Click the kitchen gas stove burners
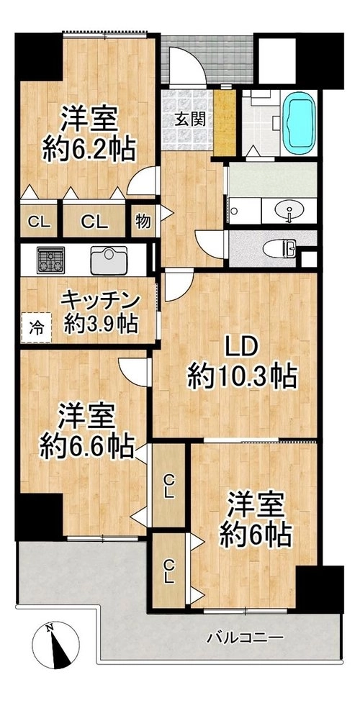tap(50, 260)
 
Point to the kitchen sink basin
tap(109, 260)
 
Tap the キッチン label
tap(102, 300)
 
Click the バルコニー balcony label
tap(246, 638)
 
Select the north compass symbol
tap(56, 645)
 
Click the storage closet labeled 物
tap(143, 221)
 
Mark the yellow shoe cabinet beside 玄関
tap(225, 122)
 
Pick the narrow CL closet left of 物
tap(39, 221)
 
